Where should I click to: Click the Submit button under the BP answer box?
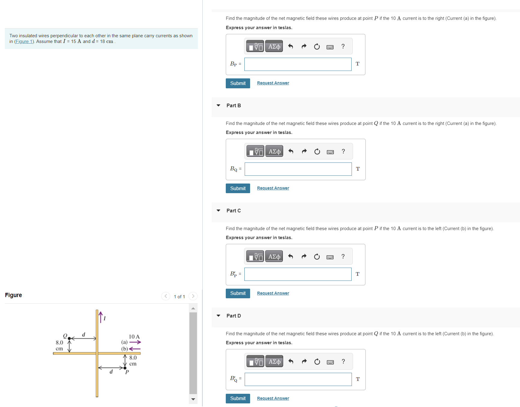pos(238,83)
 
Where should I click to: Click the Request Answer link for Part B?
pos(273,188)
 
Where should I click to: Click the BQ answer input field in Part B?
pos(298,169)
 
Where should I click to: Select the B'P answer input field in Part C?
pos(298,274)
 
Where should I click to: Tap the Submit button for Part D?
pos(238,398)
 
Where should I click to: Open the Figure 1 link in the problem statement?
pos(24,41)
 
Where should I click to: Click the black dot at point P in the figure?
pos(125,368)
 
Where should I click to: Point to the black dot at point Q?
pos(69,339)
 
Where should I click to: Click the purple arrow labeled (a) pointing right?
pos(135,342)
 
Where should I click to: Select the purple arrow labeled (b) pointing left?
pos(135,349)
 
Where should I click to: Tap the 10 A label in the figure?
pos(134,337)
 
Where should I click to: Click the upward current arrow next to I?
pos(101,317)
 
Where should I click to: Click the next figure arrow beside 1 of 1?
pos(193,296)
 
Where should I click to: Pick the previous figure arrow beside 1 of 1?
pos(166,296)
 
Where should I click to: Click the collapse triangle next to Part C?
pos(219,211)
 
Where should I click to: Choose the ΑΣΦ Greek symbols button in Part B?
pos(274,151)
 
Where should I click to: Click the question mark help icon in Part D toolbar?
pos(343,361)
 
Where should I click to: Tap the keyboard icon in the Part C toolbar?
pos(330,257)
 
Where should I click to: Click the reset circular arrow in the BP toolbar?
pos(317,47)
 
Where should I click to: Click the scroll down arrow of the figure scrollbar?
pos(193,399)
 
